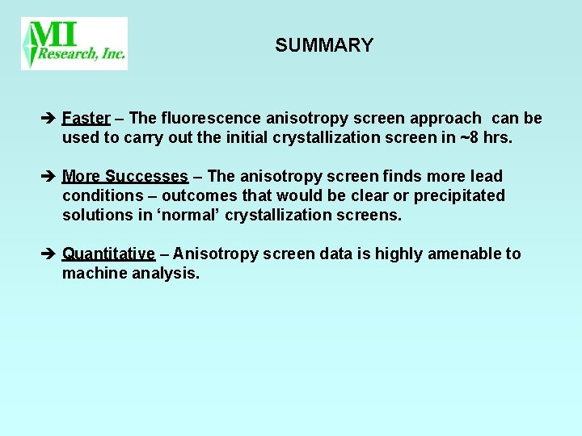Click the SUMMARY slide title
(323, 45)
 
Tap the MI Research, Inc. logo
(74, 44)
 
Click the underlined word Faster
(86, 119)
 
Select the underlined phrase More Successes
(124, 176)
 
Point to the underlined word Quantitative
(108, 254)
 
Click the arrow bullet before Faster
(48, 119)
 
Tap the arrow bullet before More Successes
(48, 177)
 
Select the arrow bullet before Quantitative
(48, 254)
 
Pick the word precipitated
(459, 195)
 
